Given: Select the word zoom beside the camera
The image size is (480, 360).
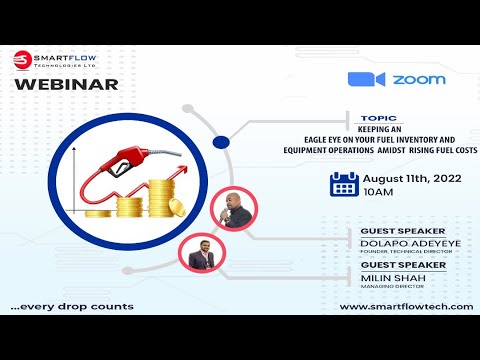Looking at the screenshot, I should coord(419,80).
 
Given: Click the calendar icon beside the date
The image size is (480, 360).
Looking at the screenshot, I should coord(344,184).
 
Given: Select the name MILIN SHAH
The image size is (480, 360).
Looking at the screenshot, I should coord(393,275).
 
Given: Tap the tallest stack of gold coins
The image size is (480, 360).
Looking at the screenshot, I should coord(161,198).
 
